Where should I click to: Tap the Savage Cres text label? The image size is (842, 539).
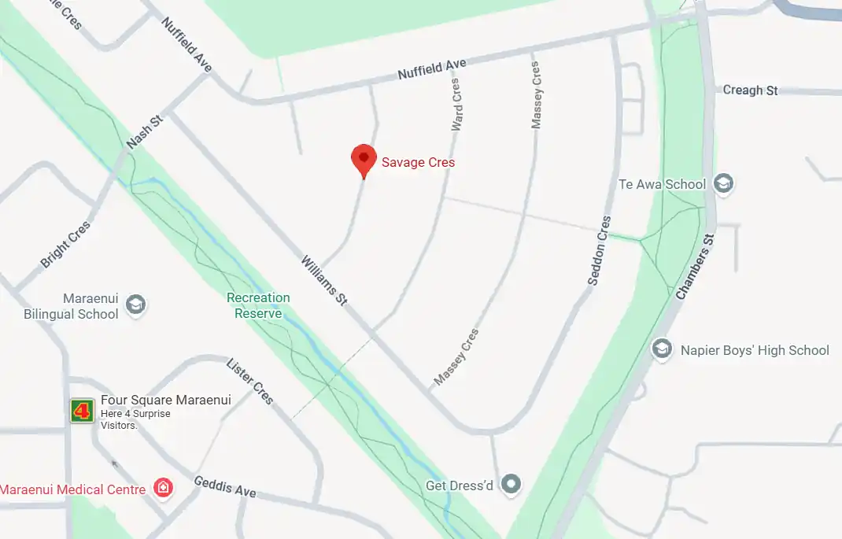click(418, 163)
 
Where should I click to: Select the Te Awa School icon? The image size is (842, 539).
click(722, 184)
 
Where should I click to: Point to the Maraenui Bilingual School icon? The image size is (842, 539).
click(136, 305)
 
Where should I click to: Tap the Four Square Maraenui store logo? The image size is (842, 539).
click(82, 410)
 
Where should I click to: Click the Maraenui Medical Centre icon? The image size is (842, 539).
click(163, 488)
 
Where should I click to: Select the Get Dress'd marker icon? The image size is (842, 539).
click(511, 483)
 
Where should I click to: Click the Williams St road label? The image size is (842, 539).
click(323, 280)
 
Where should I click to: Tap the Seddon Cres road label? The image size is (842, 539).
click(598, 250)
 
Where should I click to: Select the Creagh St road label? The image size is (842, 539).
click(750, 90)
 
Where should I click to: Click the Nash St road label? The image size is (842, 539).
click(144, 132)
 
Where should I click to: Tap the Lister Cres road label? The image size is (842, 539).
click(249, 382)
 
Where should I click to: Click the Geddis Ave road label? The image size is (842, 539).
click(224, 487)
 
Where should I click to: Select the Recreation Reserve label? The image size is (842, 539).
click(258, 305)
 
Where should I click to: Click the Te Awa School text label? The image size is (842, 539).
click(662, 184)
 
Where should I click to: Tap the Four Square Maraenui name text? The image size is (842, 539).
click(165, 400)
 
